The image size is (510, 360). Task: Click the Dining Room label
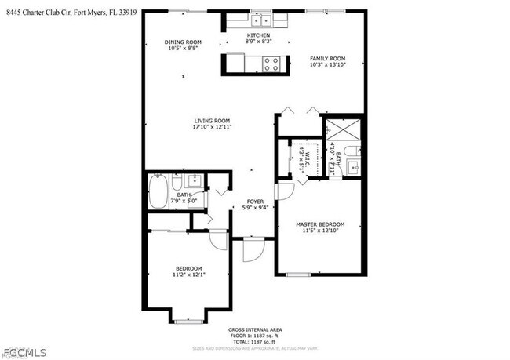pyautogui.click(x=183, y=42)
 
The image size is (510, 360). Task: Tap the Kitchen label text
pyautogui.click(x=258, y=35)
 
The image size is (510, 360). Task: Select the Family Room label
pyautogui.click(x=327, y=59)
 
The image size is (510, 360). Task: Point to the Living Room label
pyautogui.click(x=212, y=121)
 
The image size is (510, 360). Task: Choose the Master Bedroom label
pyautogui.click(x=321, y=225)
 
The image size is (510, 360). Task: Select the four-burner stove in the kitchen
pyautogui.click(x=272, y=64)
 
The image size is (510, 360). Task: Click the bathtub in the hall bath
pyautogui.click(x=159, y=191)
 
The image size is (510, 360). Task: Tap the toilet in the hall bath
pyautogui.click(x=178, y=184)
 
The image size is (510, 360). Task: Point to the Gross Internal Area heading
pyautogui.click(x=255, y=329)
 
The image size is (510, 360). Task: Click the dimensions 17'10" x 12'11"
pyautogui.click(x=212, y=126)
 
